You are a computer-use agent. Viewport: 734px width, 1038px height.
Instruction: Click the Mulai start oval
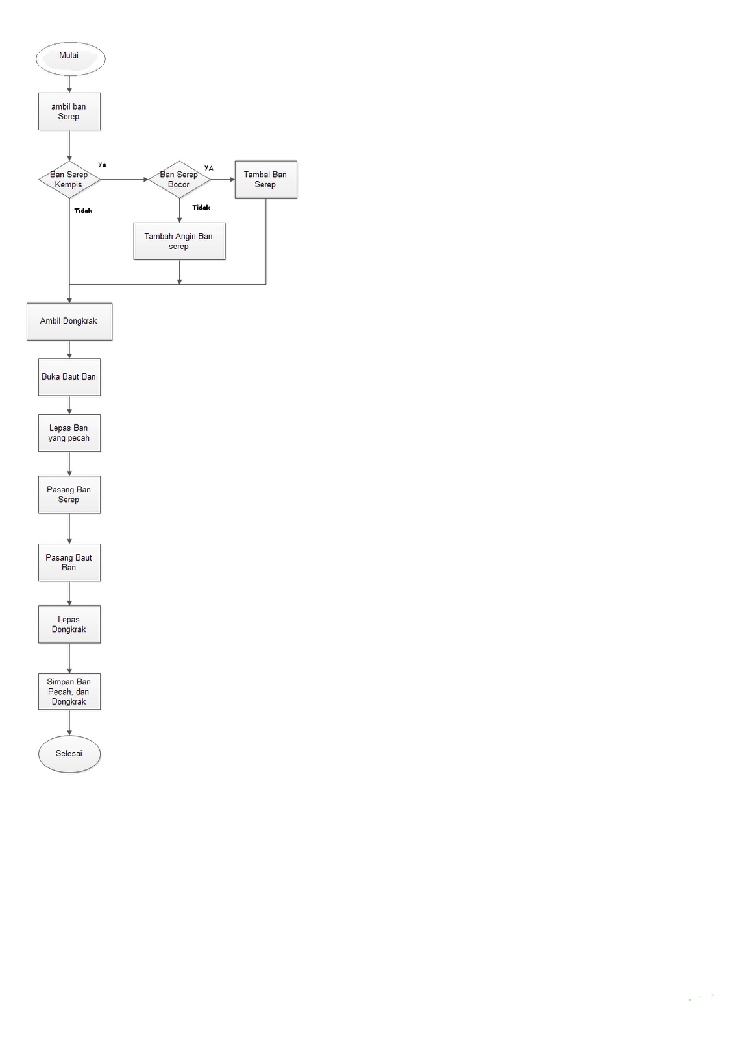(70, 58)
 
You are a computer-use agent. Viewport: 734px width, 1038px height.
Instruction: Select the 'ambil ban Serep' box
(69, 112)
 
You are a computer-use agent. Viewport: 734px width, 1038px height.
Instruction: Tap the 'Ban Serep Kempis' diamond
(69, 180)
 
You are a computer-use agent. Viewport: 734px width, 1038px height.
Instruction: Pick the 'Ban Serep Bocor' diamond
(179, 180)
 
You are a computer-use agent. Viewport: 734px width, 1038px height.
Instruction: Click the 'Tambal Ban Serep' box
(265, 180)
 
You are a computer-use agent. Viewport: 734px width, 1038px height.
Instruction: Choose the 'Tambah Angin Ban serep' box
(179, 241)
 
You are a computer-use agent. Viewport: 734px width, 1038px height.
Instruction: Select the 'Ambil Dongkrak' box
(69, 321)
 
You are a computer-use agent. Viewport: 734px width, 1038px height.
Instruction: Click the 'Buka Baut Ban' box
(69, 377)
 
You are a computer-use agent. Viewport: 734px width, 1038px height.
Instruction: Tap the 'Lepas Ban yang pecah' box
(69, 433)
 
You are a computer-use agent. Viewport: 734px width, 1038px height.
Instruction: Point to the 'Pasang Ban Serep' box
(69, 494)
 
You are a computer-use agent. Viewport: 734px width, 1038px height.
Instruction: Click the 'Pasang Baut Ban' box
(69, 562)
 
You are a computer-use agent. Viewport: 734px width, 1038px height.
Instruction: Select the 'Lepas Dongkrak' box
(69, 624)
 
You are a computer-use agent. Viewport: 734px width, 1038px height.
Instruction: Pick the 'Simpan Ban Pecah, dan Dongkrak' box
(69, 692)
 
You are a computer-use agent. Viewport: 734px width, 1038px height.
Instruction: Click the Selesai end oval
(69, 754)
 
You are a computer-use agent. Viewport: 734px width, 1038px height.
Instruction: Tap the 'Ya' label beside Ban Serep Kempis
(102, 165)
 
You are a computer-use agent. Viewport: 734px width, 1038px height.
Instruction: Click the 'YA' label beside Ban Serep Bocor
(208, 168)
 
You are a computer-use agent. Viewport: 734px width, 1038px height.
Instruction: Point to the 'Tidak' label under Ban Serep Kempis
(83, 211)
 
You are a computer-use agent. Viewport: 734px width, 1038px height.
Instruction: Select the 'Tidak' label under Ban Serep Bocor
(201, 208)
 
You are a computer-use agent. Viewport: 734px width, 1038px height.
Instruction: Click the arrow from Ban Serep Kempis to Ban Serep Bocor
(125, 180)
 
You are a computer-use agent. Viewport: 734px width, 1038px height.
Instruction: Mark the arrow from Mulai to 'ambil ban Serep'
(69, 84)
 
